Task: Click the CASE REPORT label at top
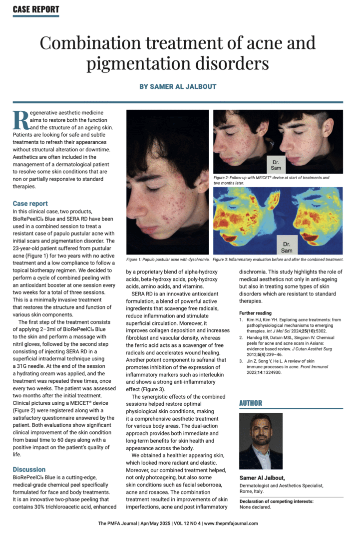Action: coord(36,9)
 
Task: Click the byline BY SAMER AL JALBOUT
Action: coord(178,86)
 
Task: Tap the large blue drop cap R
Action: coord(20,120)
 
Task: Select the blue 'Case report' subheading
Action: coord(30,204)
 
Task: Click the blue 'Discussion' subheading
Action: coord(29,469)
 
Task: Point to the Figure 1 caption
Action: coord(167,260)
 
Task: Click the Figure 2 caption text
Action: coord(271,180)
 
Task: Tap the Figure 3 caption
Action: coord(278,260)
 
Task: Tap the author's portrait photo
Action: coord(261,441)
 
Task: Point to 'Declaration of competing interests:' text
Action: coord(276,501)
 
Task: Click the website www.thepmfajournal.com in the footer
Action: coord(231,524)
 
